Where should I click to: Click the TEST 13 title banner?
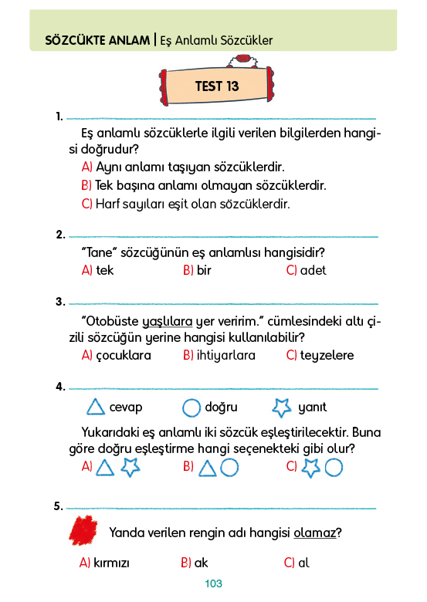[x=216, y=86]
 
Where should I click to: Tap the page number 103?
[x=213, y=583]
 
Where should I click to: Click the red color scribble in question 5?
[x=83, y=530]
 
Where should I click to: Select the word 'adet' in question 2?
[x=313, y=270]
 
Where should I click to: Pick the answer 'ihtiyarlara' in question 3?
[x=225, y=356]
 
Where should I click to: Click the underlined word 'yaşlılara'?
[x=168, y=321]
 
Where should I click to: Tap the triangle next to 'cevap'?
[x=96, y=407]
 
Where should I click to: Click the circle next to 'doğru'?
[x=191, y=408]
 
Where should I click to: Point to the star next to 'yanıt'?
[x=282, y=408]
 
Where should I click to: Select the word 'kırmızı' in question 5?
[x=111, y=563]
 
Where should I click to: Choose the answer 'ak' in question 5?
[x=201, y=563]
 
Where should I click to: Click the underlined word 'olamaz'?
[x=314, y=533]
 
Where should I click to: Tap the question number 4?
[x=60, y=386]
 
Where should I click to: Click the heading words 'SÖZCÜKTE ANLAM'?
[x=97, y=40]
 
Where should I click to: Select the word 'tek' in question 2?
[x=105, y=270]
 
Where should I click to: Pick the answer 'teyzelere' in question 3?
[x=327, y=356]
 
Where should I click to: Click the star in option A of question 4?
[x=130, y=468]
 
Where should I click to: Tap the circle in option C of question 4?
[x=334, y=468]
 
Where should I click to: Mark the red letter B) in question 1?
[x=86, y=185]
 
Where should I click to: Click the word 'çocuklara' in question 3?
[x=124, y=356]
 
